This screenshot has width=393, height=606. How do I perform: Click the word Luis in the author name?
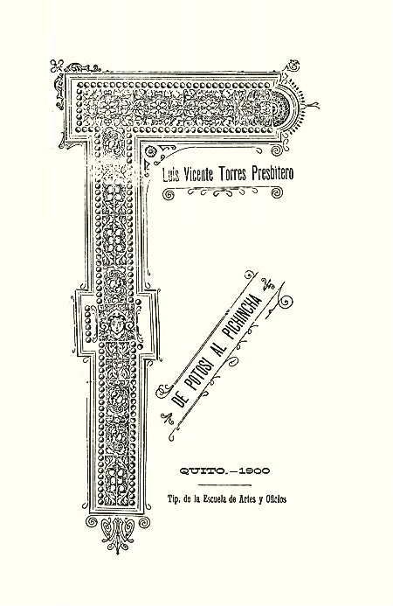tap(169, 174)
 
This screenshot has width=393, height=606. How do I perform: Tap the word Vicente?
tap(197, 174)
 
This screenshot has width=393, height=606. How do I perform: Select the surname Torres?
tap(233, 174)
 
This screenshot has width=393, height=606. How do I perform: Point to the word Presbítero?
tap(272, 173)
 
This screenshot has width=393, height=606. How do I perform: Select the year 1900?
tap(254, 470)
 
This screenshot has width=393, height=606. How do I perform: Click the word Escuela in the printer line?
tap(216, 499)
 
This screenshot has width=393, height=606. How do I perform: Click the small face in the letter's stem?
tap(116, 323)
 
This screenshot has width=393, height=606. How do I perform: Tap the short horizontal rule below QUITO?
tap(224, 485)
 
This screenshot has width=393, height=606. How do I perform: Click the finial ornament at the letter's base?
tap(118, 533)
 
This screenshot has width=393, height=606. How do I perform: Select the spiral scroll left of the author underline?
tap(169, 195)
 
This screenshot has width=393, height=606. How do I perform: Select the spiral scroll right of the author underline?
tap(277, 193)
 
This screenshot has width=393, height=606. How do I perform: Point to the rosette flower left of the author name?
tap(151, 151)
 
